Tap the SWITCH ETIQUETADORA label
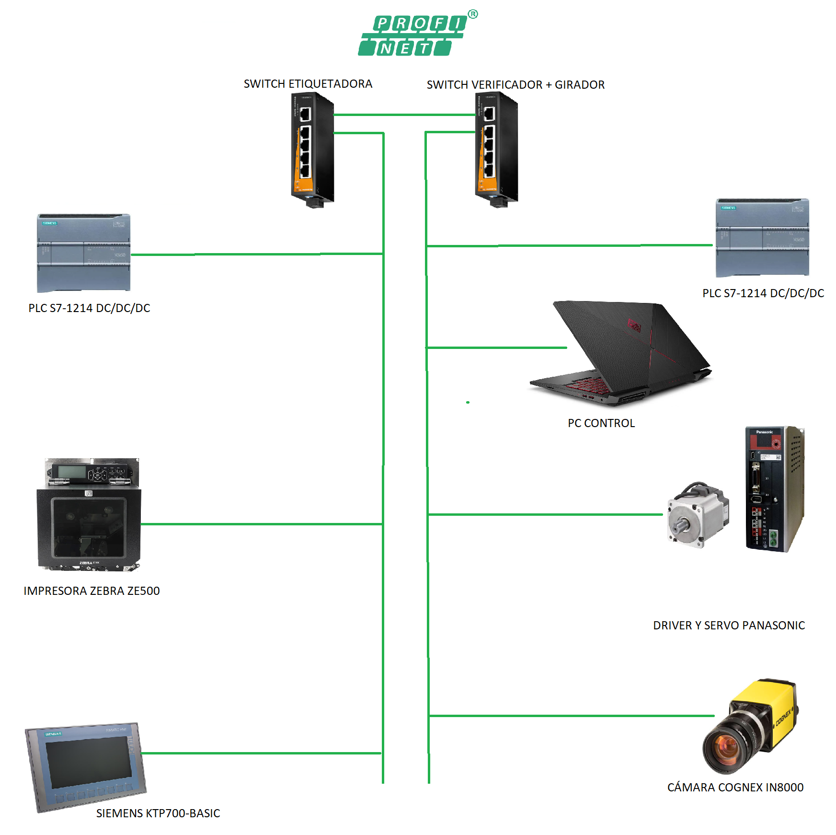click(x=308, y=84)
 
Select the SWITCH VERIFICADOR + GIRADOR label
click(x=515, y=85)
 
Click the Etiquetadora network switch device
click(x=312, y=149)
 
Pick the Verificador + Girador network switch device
click(x=496, y=149)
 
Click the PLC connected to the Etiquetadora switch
click(x=84, y=253)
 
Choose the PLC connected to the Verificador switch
click(x=762, y=238)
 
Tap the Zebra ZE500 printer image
click(x=89, y=515)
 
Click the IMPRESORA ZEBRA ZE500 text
click(x=92, y=591)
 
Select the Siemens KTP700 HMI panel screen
click(x=89, y=762)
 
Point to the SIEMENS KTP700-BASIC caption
click(x=158, y=813)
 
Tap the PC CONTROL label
click(x=601, y=423)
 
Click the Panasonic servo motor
click(x=697, y=515)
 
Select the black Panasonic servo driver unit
click(x=774, y=489)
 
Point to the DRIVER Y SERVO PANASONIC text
click(x=729, y=626)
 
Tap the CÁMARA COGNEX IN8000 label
click(x=735, y=788)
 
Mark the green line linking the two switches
click(x=405, y=115)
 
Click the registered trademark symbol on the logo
click(x=473, y=14)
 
